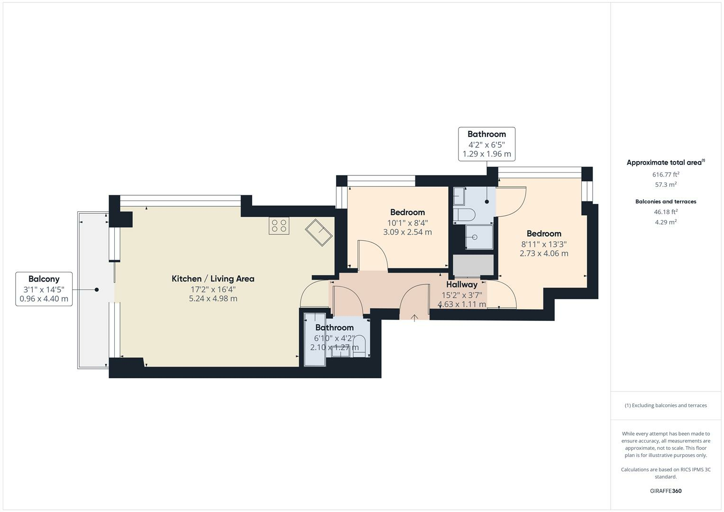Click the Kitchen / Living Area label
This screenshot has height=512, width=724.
coord(213,279)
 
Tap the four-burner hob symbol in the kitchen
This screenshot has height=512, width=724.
coord(279,226)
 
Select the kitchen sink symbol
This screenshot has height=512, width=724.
coord(319,232)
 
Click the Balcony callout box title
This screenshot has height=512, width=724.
coord(44,279)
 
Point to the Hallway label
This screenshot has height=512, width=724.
coord(461,284)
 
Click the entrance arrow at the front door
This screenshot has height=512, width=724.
coord(414,318)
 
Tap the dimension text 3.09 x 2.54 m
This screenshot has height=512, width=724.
coord(407,232)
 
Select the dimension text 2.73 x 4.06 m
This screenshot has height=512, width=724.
coord(544,254)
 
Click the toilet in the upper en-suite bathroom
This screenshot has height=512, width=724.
coord(464,215)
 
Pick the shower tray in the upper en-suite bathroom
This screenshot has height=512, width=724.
coord(479,237)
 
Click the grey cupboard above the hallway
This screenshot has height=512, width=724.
coord(473,265)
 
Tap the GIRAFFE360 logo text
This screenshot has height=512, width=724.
coord(666,491)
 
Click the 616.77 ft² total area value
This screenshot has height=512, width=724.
coord(666,174)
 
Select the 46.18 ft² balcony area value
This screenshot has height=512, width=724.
coord(666,212)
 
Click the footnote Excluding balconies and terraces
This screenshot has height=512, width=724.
coord(666,405)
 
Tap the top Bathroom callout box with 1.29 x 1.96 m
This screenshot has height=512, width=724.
coord(486,144)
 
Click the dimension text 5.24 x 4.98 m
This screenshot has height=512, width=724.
coord(213,299)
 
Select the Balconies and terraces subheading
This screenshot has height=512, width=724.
coord(666,201)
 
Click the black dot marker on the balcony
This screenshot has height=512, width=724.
coord(97,290)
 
